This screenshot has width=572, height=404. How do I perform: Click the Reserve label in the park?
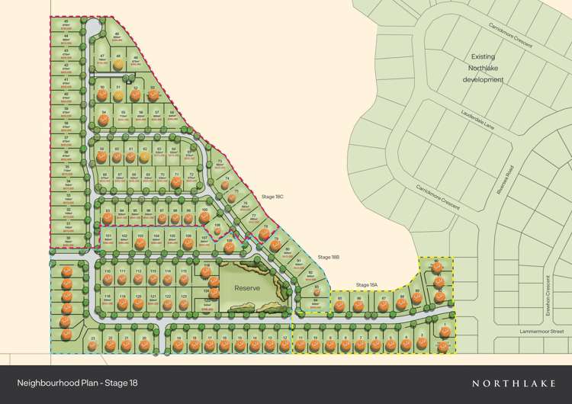(247, 289)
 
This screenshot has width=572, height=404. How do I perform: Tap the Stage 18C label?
(272, 197)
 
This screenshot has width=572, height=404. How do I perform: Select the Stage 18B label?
(329, 258)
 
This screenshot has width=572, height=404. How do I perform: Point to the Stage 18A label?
(367, 285)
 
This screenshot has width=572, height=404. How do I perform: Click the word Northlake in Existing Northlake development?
(483, 68)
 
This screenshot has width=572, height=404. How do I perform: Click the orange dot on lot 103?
(140, 244)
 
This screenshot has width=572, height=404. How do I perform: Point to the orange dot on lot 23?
(92, 345)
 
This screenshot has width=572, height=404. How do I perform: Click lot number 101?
(108, 236)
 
